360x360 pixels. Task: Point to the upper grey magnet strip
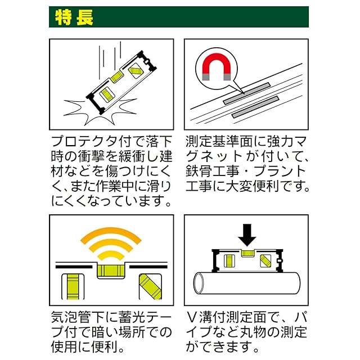click(x=246, y=92)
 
